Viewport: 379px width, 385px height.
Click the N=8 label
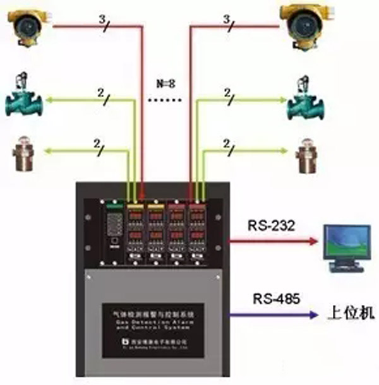click(167, 83)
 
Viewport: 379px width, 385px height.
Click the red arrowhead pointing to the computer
click(313, 240)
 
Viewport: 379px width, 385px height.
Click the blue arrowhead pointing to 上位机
click(313, 314)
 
